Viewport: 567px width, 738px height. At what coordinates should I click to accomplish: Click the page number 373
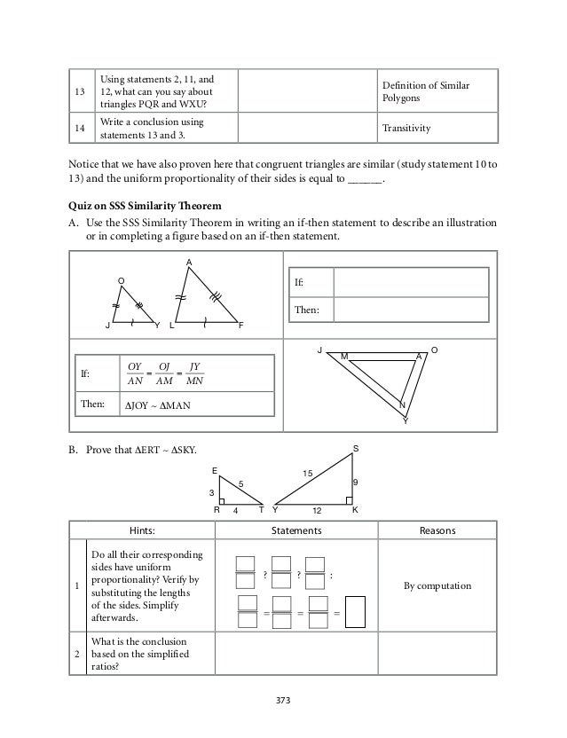[283, 700]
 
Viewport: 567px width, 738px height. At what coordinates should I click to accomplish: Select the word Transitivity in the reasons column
[406, 128]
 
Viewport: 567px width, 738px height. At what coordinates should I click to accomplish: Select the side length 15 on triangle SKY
[309, 475]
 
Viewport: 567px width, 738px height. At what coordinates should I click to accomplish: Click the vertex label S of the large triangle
[356, 450]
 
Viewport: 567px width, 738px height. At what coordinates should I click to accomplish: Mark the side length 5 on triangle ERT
[240, 483]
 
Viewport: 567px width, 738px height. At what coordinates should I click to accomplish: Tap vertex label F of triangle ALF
[240, 326]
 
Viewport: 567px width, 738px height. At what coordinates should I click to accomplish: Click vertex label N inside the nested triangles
[401, 404]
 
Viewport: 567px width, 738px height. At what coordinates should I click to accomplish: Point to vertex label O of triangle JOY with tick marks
[122, 280]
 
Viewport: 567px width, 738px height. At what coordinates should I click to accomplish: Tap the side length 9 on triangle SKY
[356, 483]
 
